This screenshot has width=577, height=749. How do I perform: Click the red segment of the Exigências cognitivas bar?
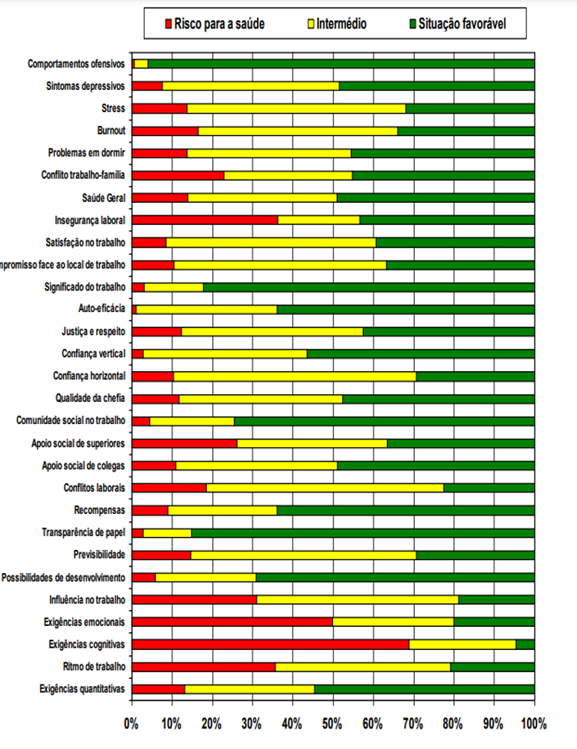tap(270, 644)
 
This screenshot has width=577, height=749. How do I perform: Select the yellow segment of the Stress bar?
tap(296, 108)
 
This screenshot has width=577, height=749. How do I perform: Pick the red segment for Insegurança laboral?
tap(205, 220)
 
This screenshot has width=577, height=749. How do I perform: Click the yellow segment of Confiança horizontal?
tap(295, 376)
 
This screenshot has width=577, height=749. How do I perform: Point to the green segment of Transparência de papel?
tap(362, 532)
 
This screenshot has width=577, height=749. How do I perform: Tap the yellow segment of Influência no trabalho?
tap(357, 599)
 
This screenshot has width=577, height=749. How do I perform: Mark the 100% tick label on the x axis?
tap(533, 723)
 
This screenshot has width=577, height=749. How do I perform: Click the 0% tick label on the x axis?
tap(132, 723)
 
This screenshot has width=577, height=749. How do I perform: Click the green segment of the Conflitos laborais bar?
tap(489, 488)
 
